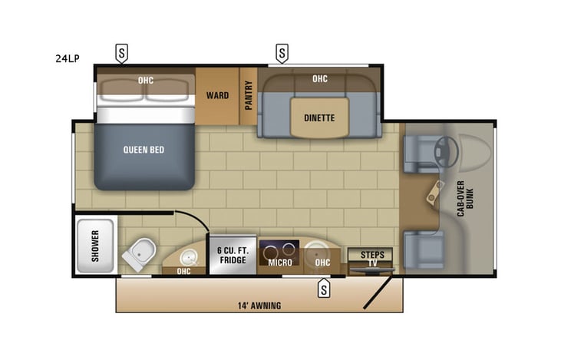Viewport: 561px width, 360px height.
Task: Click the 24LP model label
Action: (68, 58)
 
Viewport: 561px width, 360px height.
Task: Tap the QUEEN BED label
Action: (144, 150)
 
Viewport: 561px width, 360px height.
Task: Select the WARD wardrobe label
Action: (217, 97)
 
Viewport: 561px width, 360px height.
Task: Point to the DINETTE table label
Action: (319, 117)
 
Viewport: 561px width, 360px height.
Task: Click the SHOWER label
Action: (96, 246)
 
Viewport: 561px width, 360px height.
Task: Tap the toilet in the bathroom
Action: (140, 252)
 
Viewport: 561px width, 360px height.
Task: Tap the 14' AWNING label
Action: (259, 306)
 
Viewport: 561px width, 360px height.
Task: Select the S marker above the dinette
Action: (282, 54)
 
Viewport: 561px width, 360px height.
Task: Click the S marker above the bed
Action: (122, 53)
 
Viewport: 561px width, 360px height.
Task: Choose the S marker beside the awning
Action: (324, 289)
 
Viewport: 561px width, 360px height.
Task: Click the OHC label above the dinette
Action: (320, 78)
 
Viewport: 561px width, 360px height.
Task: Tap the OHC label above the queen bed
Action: (147, 78)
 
